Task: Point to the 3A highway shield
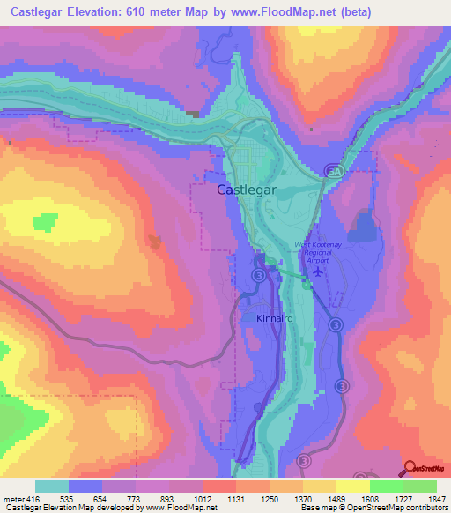click(332, 170)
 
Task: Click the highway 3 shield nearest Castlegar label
click(258, 276)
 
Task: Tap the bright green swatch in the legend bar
click(386, 487)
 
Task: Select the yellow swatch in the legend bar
click(352, 487)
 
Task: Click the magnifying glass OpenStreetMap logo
click(410, 467)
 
